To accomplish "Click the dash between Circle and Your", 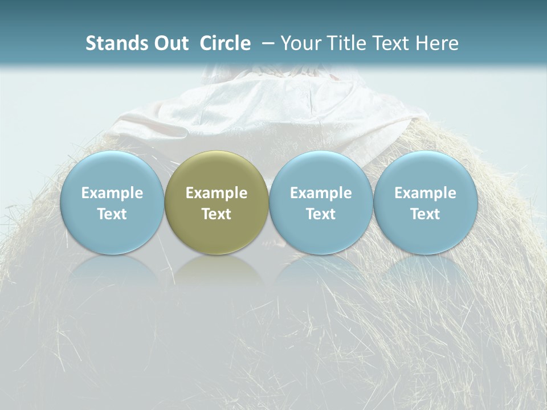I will [268, 43].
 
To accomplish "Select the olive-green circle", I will [217, 203].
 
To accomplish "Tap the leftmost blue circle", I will [112, 203].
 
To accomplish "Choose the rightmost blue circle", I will [425, 203].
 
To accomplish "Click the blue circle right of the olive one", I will [321, 203].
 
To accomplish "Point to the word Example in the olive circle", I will [217, 193].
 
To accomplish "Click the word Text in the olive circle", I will [217, 214].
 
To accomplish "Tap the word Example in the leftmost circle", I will [112, 193].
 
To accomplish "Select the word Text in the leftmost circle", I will [112, 214].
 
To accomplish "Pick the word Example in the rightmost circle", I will [425, 193].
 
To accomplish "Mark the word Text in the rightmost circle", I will [425, 214].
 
